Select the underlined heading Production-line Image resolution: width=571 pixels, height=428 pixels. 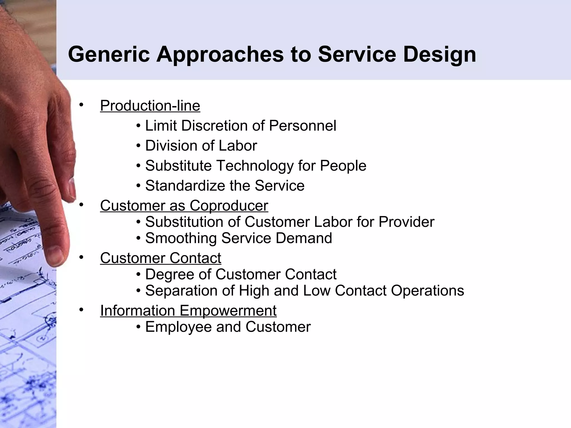[150, 106]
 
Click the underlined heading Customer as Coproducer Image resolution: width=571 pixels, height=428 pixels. [184, 206]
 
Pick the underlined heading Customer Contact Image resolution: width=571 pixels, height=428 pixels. [161, 258]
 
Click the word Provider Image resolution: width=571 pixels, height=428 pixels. [406, 222]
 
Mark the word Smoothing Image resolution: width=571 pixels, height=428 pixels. [181, 238]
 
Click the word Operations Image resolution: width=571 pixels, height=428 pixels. [427, 291]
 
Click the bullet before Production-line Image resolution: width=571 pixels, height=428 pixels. [81, 105]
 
